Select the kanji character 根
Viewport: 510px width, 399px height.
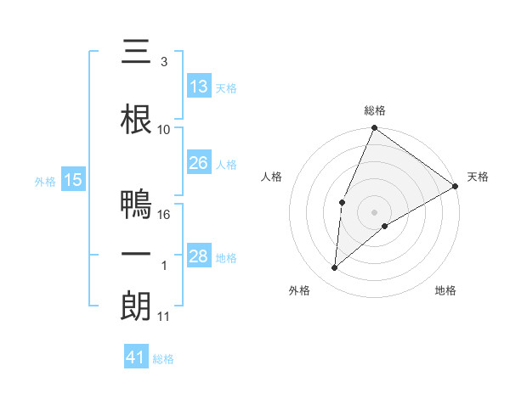click(x=136, y=120)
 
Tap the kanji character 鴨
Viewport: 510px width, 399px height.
click(x=136, y=205)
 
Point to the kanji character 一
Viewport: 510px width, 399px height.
click(x=136, y=256)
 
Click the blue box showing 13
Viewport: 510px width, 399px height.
click(x=199, y=87)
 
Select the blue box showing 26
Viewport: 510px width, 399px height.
click(x=199, y=163)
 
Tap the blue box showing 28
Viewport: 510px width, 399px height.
click(x=199, y=256)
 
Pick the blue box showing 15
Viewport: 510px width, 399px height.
click(x=73, y=180)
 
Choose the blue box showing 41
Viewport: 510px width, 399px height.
click(x=136, y=357)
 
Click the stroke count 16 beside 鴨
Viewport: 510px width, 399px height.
click(x=165, y=215)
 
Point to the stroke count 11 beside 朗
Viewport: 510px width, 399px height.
click(x=164, y=317)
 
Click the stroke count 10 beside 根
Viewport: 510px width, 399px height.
click(x=164, y=130)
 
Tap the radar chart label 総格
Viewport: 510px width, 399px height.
click(x=374, y=110)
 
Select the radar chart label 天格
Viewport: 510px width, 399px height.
click(x=478, y=177)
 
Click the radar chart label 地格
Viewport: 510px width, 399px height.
click(x=445, y=290)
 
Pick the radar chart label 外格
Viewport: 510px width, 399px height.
click(x=299, y=290)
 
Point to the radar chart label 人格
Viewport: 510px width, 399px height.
click(x=271, y=177)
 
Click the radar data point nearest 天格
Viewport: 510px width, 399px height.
click(x=456, y=186)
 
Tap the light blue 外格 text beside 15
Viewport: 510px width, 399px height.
click(x=44, y=181)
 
